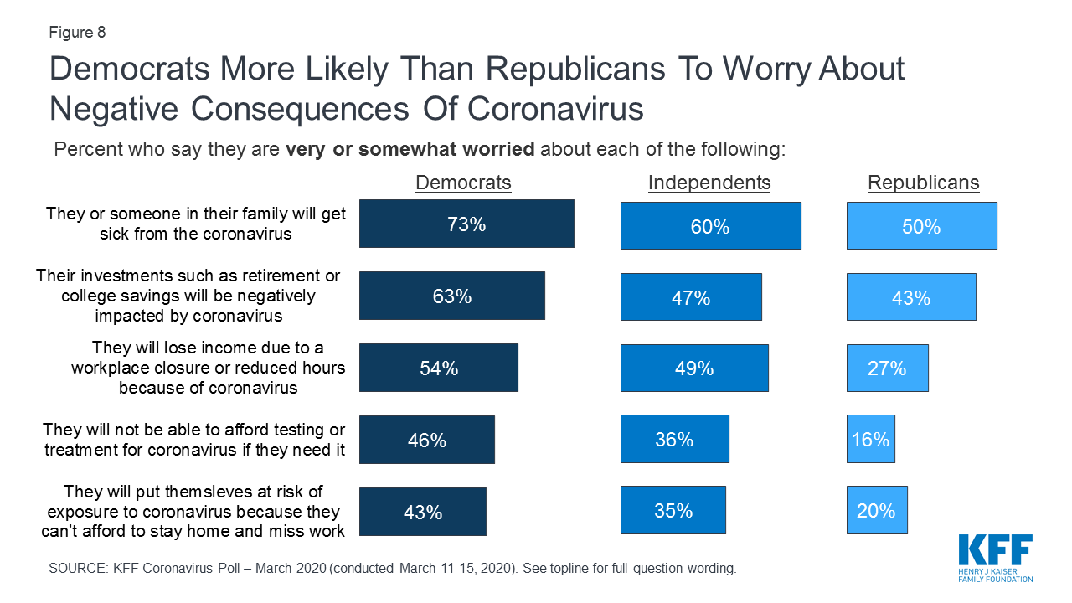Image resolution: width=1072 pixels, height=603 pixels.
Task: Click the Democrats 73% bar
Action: point(466,224)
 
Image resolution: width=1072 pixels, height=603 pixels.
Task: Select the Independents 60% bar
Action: point(710,226)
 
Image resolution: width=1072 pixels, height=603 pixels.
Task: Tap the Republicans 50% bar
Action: point(921,226)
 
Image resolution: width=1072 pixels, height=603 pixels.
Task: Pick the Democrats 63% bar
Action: point(452,296)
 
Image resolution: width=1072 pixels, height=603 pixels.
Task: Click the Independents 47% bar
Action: point(691,296)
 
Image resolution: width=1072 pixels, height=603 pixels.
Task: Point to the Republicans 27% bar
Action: point(887,368)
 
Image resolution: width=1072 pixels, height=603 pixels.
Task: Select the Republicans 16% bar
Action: point(870,439)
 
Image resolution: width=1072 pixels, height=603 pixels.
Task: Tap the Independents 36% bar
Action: point(674,439)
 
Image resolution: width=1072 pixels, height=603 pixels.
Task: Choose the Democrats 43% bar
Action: point(423,512)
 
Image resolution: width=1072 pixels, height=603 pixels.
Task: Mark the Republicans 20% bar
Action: point(876,510)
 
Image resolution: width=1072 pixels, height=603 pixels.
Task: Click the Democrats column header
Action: point(463,183)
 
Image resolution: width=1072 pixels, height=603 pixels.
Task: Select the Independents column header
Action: point(709,183)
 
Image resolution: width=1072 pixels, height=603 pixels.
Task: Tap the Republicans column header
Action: point(923,183)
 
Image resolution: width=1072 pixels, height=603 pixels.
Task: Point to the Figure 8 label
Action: point(77,33)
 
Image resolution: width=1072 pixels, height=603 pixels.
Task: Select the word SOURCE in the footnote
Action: point(78,568)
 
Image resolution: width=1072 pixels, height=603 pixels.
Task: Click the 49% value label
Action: point(693,368)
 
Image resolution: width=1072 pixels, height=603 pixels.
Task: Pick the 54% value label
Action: point(439,368)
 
